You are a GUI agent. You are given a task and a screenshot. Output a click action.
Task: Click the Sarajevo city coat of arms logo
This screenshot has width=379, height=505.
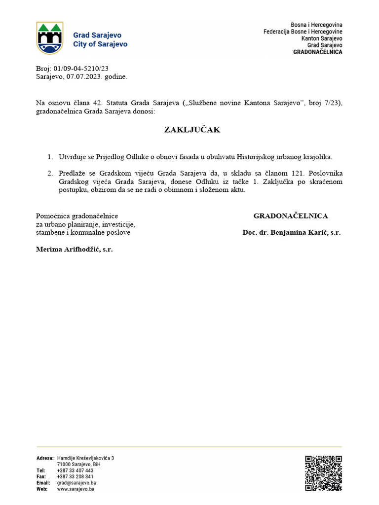pyautogui.click(x=49, y=38)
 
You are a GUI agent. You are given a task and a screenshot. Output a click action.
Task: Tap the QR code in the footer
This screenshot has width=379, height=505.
pyautogui.click(x=323, y=473)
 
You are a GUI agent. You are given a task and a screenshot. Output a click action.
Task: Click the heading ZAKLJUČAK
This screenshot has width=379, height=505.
pyautogui.click(x=192, y=130)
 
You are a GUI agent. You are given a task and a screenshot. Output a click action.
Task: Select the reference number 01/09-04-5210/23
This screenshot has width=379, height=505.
pyautogui.click(x=81, y=69)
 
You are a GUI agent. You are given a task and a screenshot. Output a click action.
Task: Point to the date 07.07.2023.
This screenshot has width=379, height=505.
pyautogui.click(x=80, y=76)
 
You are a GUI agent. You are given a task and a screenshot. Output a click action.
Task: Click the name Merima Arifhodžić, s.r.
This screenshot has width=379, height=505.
pyautogui.click(x=75, y=250)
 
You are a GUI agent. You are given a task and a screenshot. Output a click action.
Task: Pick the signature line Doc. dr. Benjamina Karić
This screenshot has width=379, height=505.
pyautogui.click(x=291, y=232)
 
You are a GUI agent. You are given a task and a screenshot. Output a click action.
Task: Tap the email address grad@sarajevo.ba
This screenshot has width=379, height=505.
pyautogui.click(x=76, y=483)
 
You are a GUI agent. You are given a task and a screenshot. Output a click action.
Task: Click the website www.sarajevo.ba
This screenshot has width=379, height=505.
pyautogui.click(x=76, y=489)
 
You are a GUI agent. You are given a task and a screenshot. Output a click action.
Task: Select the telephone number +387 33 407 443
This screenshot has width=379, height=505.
pyautogui.click(x=75, y=470)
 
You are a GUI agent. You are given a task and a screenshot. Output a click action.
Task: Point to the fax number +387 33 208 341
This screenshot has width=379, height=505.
pyautogui.click(x=75, y=477)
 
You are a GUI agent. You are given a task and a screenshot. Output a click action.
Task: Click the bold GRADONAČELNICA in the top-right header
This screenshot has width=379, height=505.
pyautogui.click(x=318, y=52)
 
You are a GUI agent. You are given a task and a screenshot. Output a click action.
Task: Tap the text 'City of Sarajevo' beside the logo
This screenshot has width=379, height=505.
pyautogui.click(x=100, y=44)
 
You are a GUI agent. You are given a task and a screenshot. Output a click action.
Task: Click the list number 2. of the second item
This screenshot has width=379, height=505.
pyautogui.click(x=50, y=174)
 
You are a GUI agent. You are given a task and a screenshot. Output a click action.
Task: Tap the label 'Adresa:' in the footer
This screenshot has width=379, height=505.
pyautogui.click(x=45, y=458)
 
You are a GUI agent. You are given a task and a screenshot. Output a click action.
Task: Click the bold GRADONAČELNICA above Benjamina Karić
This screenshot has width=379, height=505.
pyautogui.click(x=291, y=216)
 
